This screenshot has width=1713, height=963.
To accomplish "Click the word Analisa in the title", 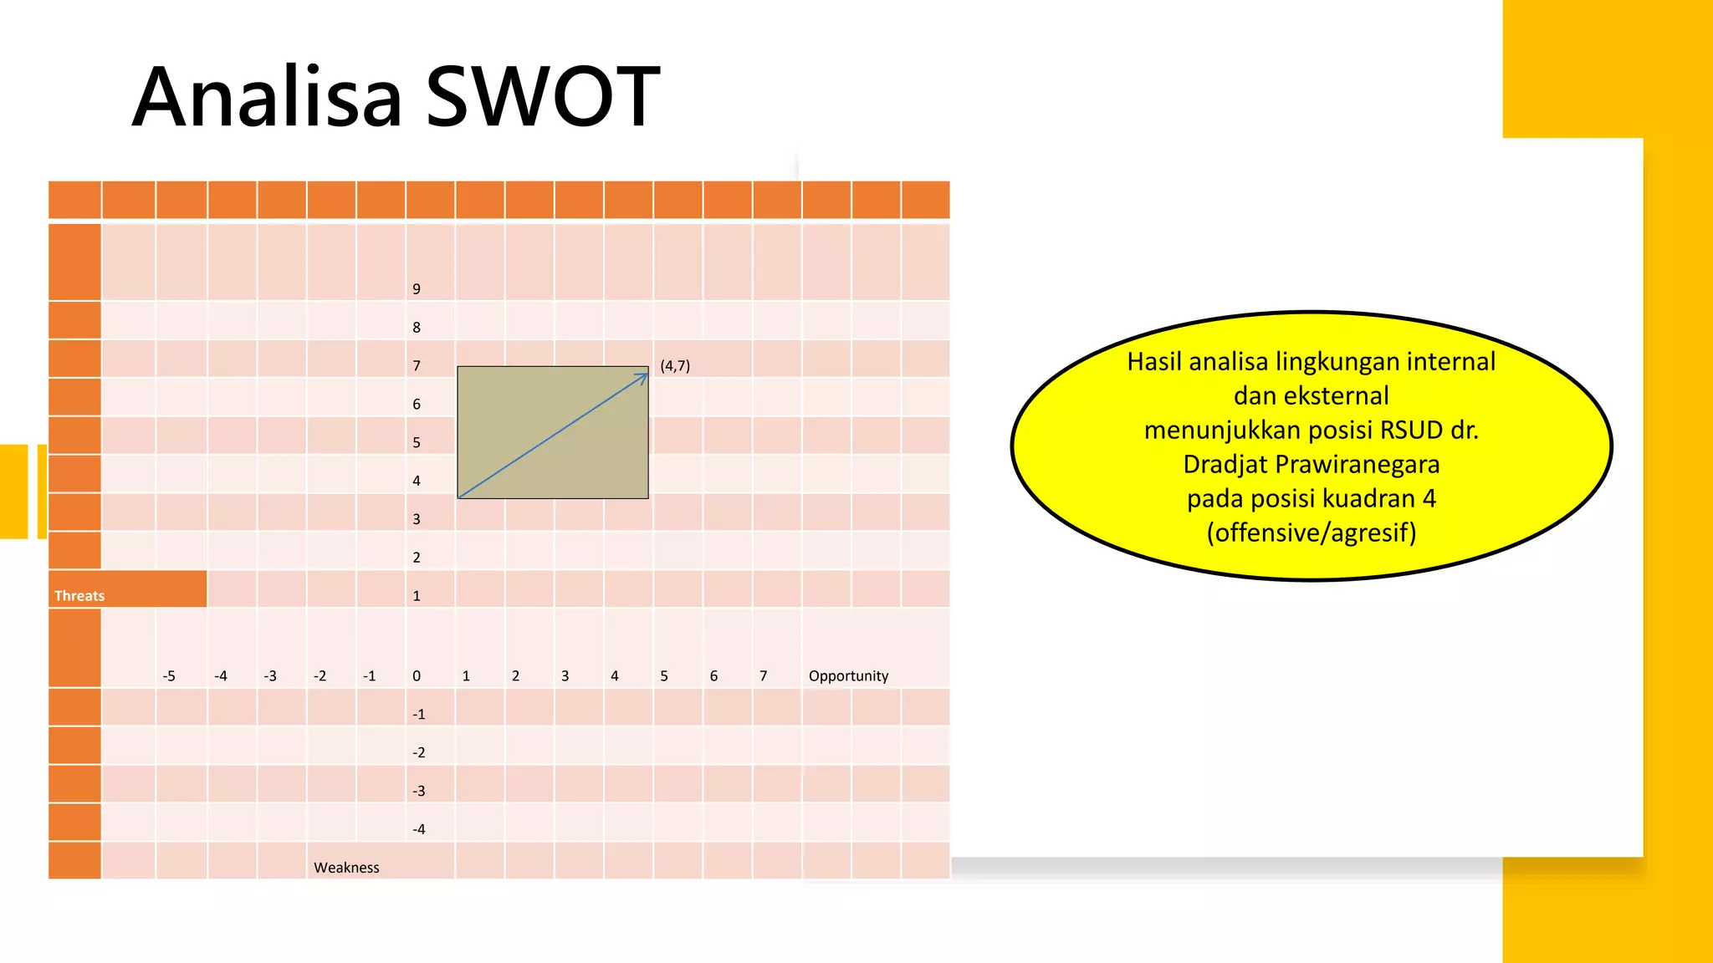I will coord(268,97).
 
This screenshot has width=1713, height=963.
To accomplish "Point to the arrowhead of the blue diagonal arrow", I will coord(644,376).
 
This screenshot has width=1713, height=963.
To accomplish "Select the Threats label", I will coord(79,596).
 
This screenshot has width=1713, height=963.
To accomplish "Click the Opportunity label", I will coord(848,675).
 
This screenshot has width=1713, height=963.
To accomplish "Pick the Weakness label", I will coord(346,868).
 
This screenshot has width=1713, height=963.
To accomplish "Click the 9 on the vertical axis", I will coord(417,289).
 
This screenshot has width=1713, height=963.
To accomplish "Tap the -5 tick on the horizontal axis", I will coord(169,675).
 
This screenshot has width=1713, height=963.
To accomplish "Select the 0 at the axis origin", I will coord(417,675).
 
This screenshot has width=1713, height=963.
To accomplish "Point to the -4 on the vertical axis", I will coord(419,829).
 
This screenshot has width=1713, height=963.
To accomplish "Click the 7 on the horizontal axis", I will coord(763,675).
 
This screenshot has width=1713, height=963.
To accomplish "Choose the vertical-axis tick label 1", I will coord(417,596).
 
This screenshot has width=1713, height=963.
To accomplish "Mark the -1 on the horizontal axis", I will coord(370,675).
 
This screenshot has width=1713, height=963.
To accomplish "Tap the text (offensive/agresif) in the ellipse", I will coord(1312,532).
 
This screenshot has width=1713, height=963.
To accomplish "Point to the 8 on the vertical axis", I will coord(417,328).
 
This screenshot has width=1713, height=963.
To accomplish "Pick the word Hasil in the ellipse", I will coord(1154,361).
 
